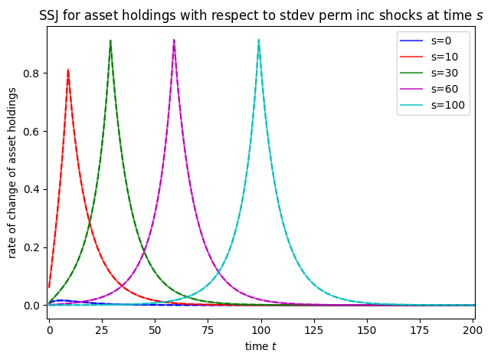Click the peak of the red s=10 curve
pyautogui.click(x=68, y=70)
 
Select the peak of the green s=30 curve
pyautogui.click(x=110, y=41)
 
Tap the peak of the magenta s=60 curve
pyautogui.click(x=174, y=41)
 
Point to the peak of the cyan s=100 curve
pyautogui.click(x=259, y=41)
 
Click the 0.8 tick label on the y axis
pyautogui.click(x=31, y=74)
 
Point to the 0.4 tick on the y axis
pyautogui.click(x=31, y=189)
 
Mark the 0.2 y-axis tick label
pyautogui.click(x=31, y=247)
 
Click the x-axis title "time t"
pyautogui.click(x=260, y=346)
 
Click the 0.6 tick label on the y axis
pyautogui.click(x=31, y=131)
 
